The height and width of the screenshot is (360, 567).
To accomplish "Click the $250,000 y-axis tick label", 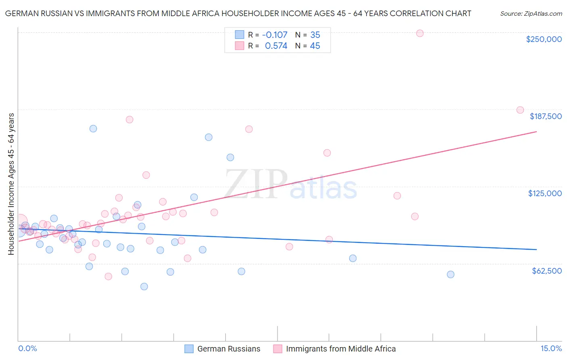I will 544,39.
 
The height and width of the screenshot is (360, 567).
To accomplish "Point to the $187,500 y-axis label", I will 545,116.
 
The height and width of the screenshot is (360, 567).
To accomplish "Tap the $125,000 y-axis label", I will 545,193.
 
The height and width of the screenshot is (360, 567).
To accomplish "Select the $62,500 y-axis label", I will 546,271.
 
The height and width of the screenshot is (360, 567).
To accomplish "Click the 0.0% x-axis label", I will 27,349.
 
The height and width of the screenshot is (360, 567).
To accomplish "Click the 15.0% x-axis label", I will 551,349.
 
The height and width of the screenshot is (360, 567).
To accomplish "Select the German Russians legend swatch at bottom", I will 189,349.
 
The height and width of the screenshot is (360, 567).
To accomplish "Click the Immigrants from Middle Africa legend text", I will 341,349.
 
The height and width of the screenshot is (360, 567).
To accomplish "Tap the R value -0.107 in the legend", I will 275,35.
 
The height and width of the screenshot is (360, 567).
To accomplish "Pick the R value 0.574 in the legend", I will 276,46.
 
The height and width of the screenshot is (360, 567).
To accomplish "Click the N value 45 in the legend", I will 315,46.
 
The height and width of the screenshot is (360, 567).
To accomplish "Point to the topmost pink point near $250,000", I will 420,33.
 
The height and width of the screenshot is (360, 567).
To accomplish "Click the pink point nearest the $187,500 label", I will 520,110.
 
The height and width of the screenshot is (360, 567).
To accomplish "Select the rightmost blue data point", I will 450,274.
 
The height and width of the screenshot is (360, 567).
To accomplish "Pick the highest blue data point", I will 93,129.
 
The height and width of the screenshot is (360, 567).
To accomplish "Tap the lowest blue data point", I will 144,287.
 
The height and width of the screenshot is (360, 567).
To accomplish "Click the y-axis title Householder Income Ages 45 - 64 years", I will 11,184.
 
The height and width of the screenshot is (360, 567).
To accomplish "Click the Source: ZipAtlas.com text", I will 531,14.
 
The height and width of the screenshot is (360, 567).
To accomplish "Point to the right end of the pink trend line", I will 536,132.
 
